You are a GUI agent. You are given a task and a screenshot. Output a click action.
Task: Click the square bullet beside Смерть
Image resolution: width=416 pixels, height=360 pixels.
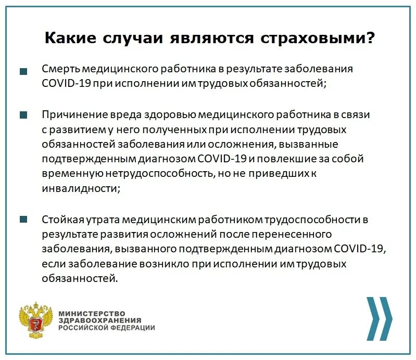(x=23, y=72)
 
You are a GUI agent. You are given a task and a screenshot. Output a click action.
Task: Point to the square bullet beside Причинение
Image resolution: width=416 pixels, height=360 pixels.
(x=23, y=115)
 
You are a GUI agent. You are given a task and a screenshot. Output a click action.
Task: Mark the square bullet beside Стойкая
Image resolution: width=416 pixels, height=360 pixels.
(x=23, y=220)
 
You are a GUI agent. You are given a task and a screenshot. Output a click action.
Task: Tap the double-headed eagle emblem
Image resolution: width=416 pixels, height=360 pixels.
(x=36, y=320)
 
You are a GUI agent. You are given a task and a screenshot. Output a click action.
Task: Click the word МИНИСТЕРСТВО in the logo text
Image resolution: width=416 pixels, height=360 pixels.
(x=92, y=313)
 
